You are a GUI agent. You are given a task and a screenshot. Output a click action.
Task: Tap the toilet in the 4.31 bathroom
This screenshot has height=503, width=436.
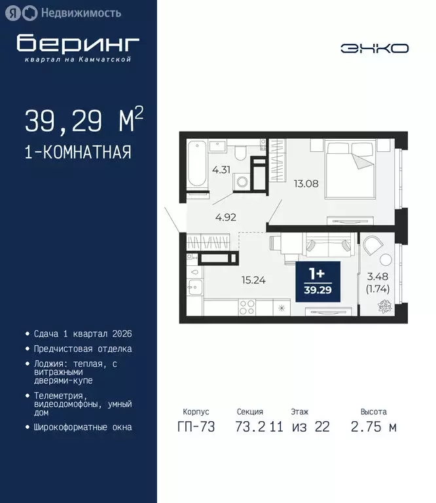pos(241,153)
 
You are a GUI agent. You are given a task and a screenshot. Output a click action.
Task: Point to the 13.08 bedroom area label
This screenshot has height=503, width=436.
pos(306,183)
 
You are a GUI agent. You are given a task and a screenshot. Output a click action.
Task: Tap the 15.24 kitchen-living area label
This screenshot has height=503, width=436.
pos(254,280)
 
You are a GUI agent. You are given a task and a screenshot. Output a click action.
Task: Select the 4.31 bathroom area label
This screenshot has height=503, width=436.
pos(221,169)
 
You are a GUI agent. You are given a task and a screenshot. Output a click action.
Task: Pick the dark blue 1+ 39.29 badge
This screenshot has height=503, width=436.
pos(316,282)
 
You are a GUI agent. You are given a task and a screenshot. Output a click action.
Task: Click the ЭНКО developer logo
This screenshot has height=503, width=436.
pos(374,48)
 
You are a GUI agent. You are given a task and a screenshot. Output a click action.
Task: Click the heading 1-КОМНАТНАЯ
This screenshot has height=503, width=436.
pos(78,152)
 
